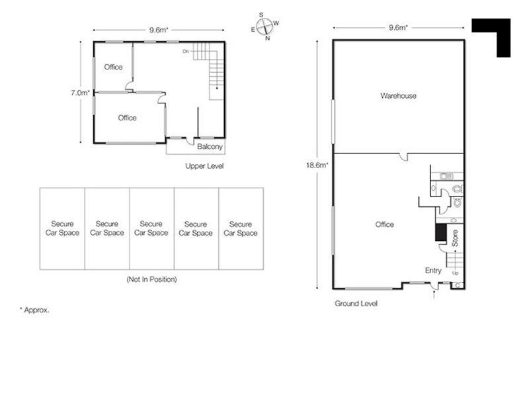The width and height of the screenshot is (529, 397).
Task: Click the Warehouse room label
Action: click(398, 96)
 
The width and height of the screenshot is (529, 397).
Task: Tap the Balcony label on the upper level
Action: click(210, 147)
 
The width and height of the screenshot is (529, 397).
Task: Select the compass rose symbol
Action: click(264, 26)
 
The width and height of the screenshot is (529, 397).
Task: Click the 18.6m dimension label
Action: click(317, 165)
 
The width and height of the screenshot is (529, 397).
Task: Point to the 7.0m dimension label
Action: click(80, 93)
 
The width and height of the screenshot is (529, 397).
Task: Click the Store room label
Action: click(455, 238)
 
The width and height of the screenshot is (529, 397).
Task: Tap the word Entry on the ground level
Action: click(433, 271)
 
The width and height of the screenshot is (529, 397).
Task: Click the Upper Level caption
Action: click(204, 166)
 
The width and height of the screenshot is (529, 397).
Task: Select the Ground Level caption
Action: click(356, 304)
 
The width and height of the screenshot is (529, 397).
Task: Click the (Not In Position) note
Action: click(152, 279)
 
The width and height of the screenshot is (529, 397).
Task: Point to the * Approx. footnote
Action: click(34, 310)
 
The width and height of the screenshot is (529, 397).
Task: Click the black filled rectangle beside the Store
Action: click(441, 233)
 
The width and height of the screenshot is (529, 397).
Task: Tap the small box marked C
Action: click(458, 286)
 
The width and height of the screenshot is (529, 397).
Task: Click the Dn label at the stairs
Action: click(186, 52)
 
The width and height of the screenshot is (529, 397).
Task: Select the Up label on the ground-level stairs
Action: click(455, 273)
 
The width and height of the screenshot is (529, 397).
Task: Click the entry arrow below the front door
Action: click(434, 294)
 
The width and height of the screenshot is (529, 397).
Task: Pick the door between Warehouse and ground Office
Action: click(404, 157)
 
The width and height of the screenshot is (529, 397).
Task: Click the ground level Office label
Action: click(384, 224)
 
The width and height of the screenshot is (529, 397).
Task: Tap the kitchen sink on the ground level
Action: click(447, 176)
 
